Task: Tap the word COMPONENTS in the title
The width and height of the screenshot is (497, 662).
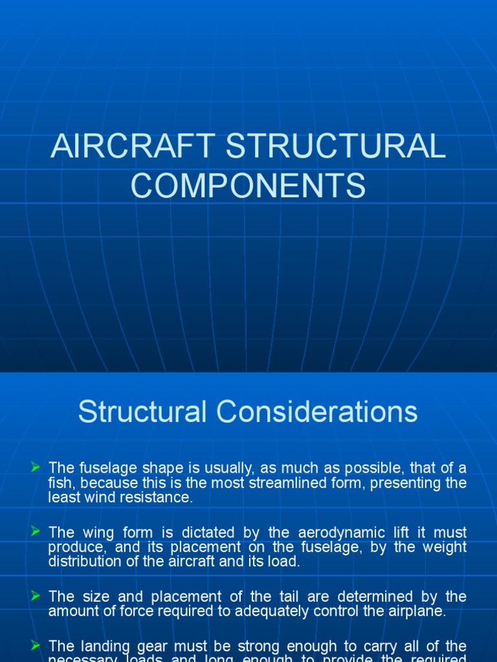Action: pos(248,186)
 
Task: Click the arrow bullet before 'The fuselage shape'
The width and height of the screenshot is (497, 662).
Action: pos(36,466)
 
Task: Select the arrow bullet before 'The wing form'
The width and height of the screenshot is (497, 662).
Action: pos(36,531)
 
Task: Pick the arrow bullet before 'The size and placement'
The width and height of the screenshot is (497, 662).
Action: pos(36,595)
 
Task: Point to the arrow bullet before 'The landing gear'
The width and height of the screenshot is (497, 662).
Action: pos(36,645)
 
